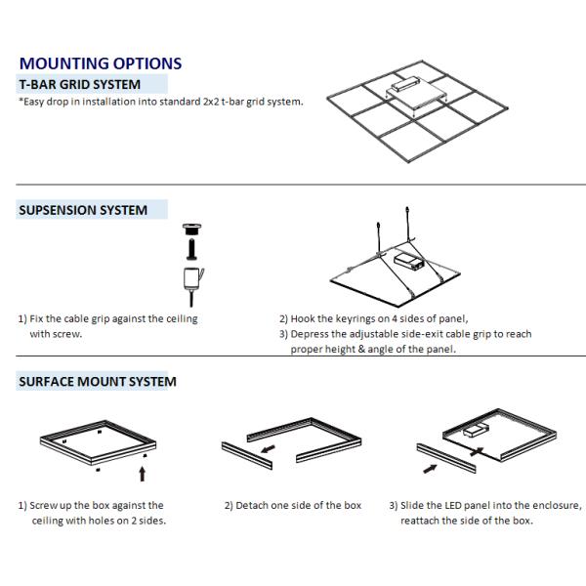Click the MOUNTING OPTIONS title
click(101, 63)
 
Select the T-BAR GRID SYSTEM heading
click(80, 84)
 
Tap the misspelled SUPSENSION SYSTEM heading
click(83, 210)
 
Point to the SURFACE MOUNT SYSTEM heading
click(98, 382)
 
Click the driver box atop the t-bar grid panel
click(402, 83)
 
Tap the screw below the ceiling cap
click(191, 249)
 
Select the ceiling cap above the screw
click(191, 229)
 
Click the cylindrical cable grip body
click(192, 278)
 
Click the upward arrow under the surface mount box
click(142, 474)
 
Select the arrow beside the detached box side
click(268, 449)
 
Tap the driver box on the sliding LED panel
click(476, 430)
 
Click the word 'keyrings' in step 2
click(356, 319)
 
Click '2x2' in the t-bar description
click(211, 102)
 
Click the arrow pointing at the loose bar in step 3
click(430, 469)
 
